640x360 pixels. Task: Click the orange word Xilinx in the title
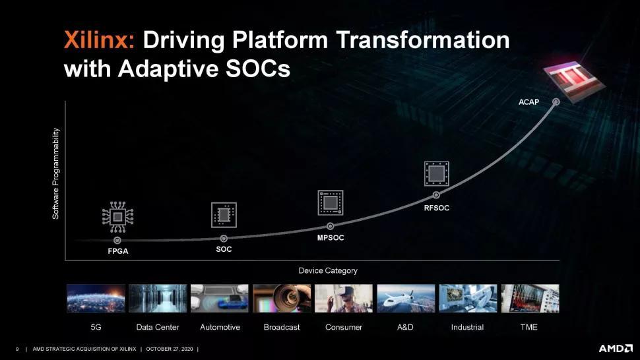pos(99,40)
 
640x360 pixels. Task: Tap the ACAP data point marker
pos(556,102)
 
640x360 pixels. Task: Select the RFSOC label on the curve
pos(436,208)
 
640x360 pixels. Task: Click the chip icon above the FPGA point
pos(117,217)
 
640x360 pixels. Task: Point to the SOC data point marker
pos(224,239)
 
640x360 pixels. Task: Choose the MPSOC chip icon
pos(330,202)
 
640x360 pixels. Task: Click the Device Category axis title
pos(328,271)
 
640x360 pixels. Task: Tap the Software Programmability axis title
pos(55,173)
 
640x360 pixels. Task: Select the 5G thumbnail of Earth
pos(96,299)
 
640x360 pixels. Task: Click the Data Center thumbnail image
pos(158,299)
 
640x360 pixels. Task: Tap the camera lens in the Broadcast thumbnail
pos(288,297)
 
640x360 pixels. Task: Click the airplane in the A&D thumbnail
pos(404,299)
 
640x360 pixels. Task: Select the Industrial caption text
pos(467,328)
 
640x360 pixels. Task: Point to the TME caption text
pos(529,328)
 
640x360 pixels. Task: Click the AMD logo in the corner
pos(616,349)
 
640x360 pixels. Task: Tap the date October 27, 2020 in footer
pos(170,349)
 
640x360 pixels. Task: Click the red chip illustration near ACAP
pos(573,80)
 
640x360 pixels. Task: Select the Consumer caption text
pos(344,328)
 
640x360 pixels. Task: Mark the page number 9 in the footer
pos(17,349)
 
